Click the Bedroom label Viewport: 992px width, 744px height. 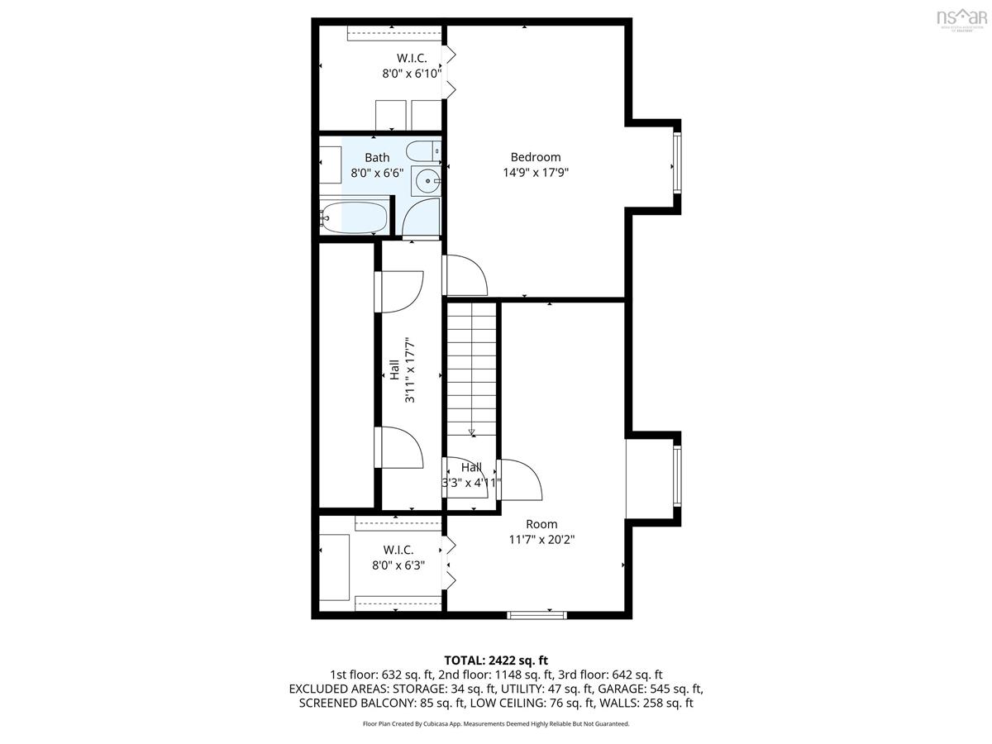click(535, 157)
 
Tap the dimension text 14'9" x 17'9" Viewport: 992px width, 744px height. click(535, 173)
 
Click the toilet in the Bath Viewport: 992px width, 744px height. click(423, 151)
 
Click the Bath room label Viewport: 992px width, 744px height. click(377, 158)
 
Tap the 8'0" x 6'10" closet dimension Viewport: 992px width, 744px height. click(411, 74)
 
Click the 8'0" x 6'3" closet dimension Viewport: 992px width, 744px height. click(398, 565)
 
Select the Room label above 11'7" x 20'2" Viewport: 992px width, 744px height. click(541, 524)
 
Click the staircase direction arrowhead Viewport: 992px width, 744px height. click(472, 432)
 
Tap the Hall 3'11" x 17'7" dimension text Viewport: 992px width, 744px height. click(410, 370)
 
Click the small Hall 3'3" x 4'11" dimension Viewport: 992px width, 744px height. click(471, 483)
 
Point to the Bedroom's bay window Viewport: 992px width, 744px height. click(676, 164)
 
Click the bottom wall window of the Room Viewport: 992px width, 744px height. click(537, 615)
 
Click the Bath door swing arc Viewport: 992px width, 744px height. click(421, 217)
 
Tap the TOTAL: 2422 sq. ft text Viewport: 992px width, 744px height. click(496, 661)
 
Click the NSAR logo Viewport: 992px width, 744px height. click(961, 18)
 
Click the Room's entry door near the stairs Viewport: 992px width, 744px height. click(519, 479)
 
